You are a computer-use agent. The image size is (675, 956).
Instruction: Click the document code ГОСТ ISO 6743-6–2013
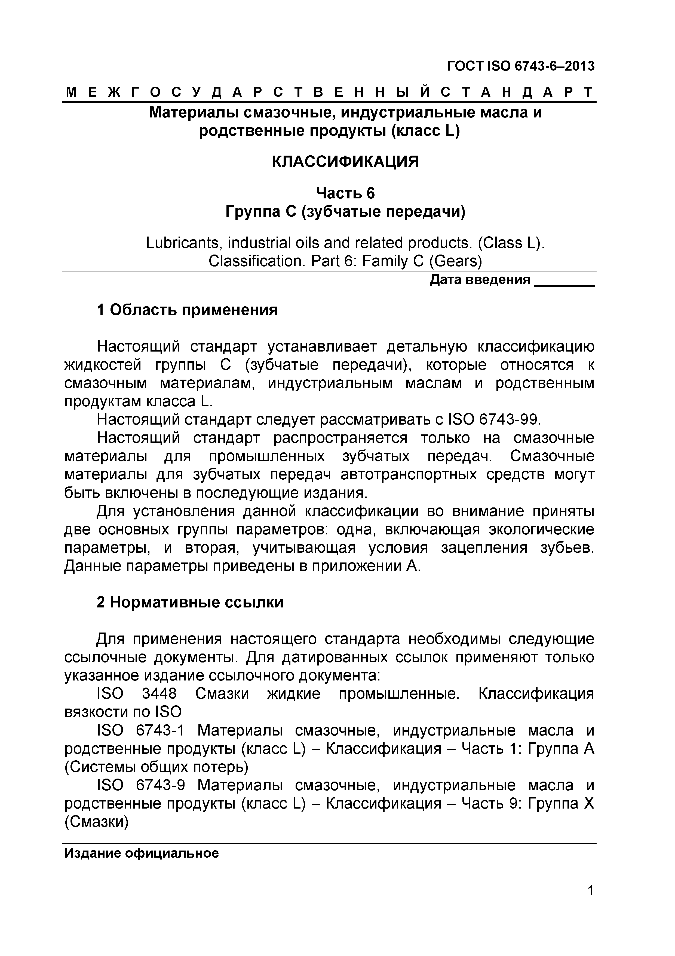click(521, 66)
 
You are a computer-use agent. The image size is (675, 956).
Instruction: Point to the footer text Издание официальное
click(142, 850)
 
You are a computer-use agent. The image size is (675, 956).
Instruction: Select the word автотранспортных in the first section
click(409, 475)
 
